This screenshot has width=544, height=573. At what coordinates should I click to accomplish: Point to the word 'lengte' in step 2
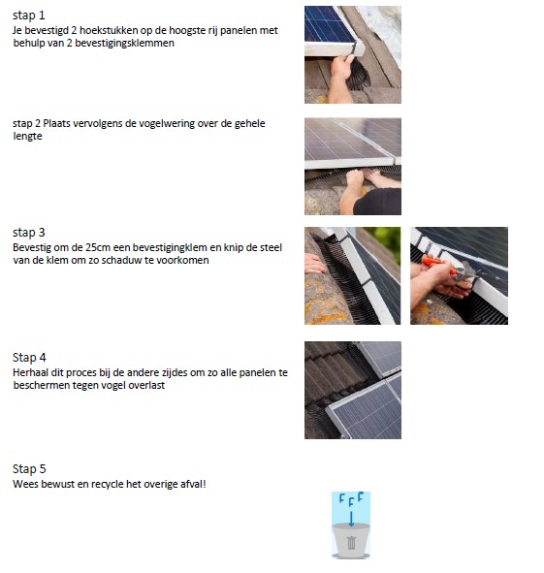[27, 137]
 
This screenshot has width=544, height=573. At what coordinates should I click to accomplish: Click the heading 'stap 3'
[29, 233]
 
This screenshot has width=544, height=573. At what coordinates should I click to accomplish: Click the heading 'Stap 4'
[29, 358]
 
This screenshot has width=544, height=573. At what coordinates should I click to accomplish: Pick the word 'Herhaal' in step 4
[31, 372]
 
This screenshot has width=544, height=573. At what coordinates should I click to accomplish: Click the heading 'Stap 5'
[29, 468]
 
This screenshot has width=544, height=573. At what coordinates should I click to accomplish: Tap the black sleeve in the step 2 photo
[381, 201]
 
